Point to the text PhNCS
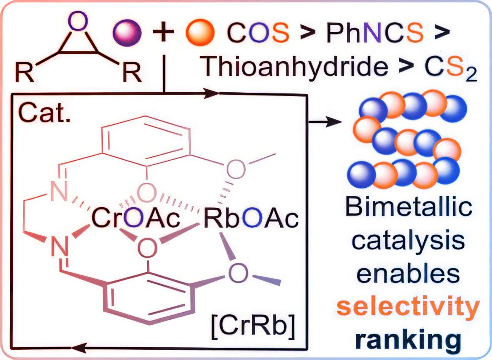pyautogui.click(x=375, y=33)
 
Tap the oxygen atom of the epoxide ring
pyautogui.click(x=78, y=21)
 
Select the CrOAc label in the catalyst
pyautogui.click(x=136, y=218)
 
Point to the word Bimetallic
pyautogui.click(x=409, y=206)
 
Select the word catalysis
pyautogui.click(x=409, y=241)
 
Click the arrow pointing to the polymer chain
pyautogui.click(x=326, y=122)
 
